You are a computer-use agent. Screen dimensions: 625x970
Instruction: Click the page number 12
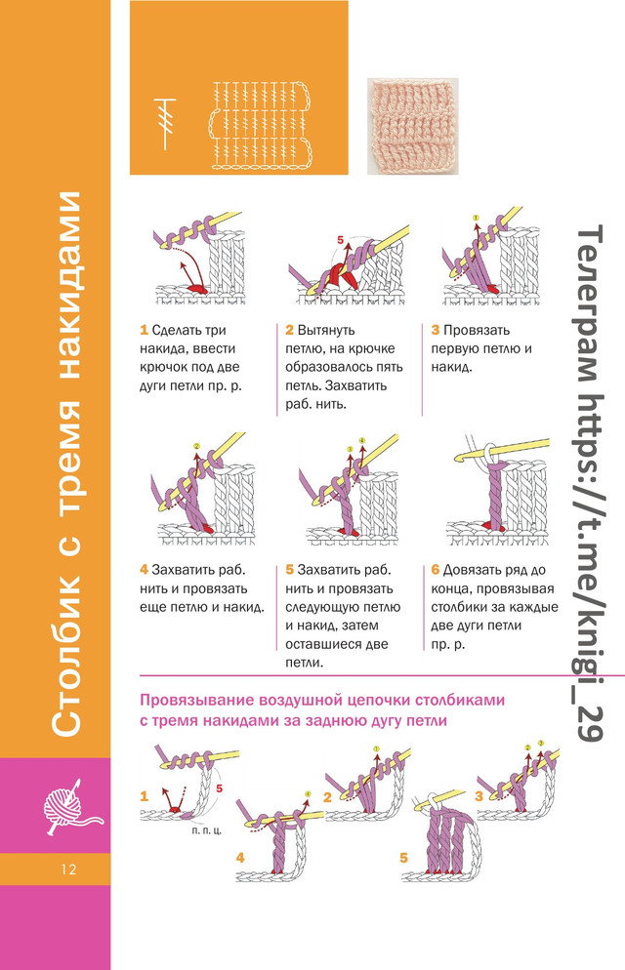68,869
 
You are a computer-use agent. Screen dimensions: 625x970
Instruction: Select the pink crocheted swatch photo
412,126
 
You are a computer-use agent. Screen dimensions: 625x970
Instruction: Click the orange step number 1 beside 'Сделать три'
144,331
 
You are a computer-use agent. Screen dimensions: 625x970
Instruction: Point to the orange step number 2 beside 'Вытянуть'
289,331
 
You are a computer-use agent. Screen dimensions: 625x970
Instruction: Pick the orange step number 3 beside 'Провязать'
435,331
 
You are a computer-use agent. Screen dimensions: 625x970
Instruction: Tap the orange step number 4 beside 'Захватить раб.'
144,570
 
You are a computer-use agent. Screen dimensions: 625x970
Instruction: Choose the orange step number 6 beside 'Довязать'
435,570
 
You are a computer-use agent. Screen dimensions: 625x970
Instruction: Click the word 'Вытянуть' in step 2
326,331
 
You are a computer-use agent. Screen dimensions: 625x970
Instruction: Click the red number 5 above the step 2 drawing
341,239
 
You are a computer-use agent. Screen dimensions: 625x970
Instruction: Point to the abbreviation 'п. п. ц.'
207,830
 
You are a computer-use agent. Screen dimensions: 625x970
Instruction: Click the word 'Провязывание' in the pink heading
197,701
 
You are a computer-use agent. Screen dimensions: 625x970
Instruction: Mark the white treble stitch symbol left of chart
165,124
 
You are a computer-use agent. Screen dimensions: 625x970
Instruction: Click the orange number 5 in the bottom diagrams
404,858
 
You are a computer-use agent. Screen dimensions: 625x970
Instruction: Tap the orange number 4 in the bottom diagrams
240,858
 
